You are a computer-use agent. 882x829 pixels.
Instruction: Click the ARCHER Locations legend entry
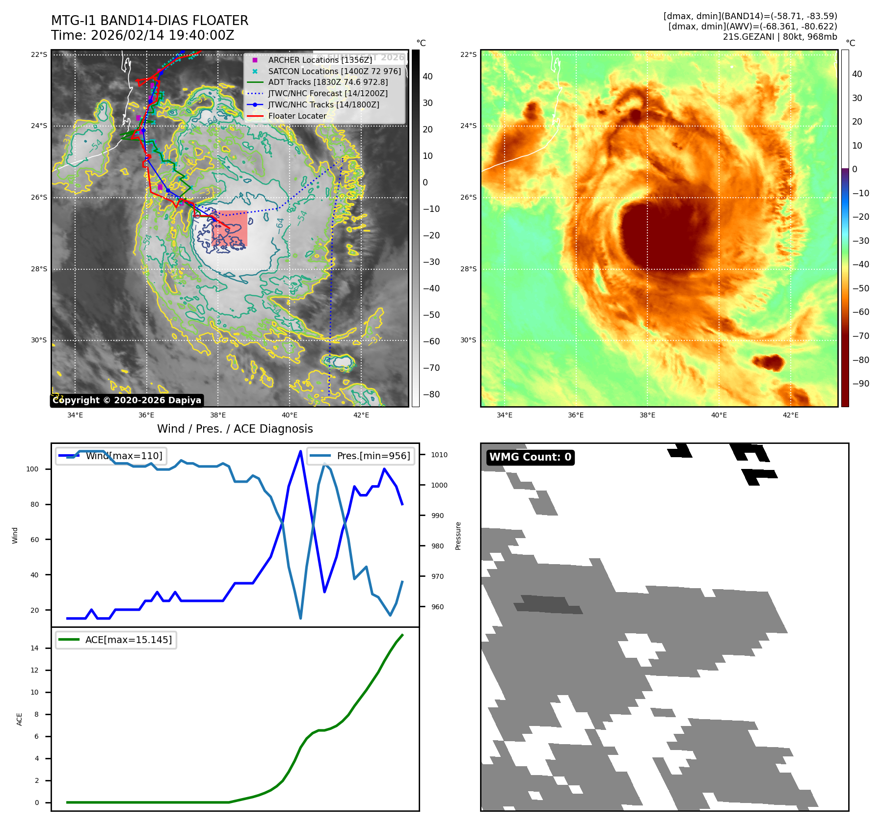point(320,60)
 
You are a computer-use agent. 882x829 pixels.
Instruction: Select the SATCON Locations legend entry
point(334,71)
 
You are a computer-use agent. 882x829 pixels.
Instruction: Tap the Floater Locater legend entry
point(297,116)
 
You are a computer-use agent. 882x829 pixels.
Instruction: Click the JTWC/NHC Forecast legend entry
point(327,93)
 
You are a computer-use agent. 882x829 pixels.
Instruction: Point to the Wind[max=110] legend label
point(124,456)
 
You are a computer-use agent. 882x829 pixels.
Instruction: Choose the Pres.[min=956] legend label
point(373,456)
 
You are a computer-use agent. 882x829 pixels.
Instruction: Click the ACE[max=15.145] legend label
point(128,640)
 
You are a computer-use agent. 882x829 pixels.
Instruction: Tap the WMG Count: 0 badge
point(530,457)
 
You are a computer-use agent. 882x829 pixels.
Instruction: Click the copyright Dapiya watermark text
point(127,400)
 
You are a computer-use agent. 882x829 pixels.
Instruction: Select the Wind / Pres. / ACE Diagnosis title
point(235,429)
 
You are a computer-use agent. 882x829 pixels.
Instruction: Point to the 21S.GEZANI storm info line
point(779,37)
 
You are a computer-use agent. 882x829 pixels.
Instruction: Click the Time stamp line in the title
point(142,35)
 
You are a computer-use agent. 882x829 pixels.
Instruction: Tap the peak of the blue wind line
point(300,451)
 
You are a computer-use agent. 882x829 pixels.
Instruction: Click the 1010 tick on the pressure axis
point(439,455)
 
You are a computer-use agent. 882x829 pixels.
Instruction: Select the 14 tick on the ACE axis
point(34,648)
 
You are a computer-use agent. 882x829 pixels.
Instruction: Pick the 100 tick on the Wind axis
point(32,469)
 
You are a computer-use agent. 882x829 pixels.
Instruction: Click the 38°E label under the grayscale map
point(218,415)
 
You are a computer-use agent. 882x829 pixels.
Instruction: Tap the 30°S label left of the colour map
point(468,340)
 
